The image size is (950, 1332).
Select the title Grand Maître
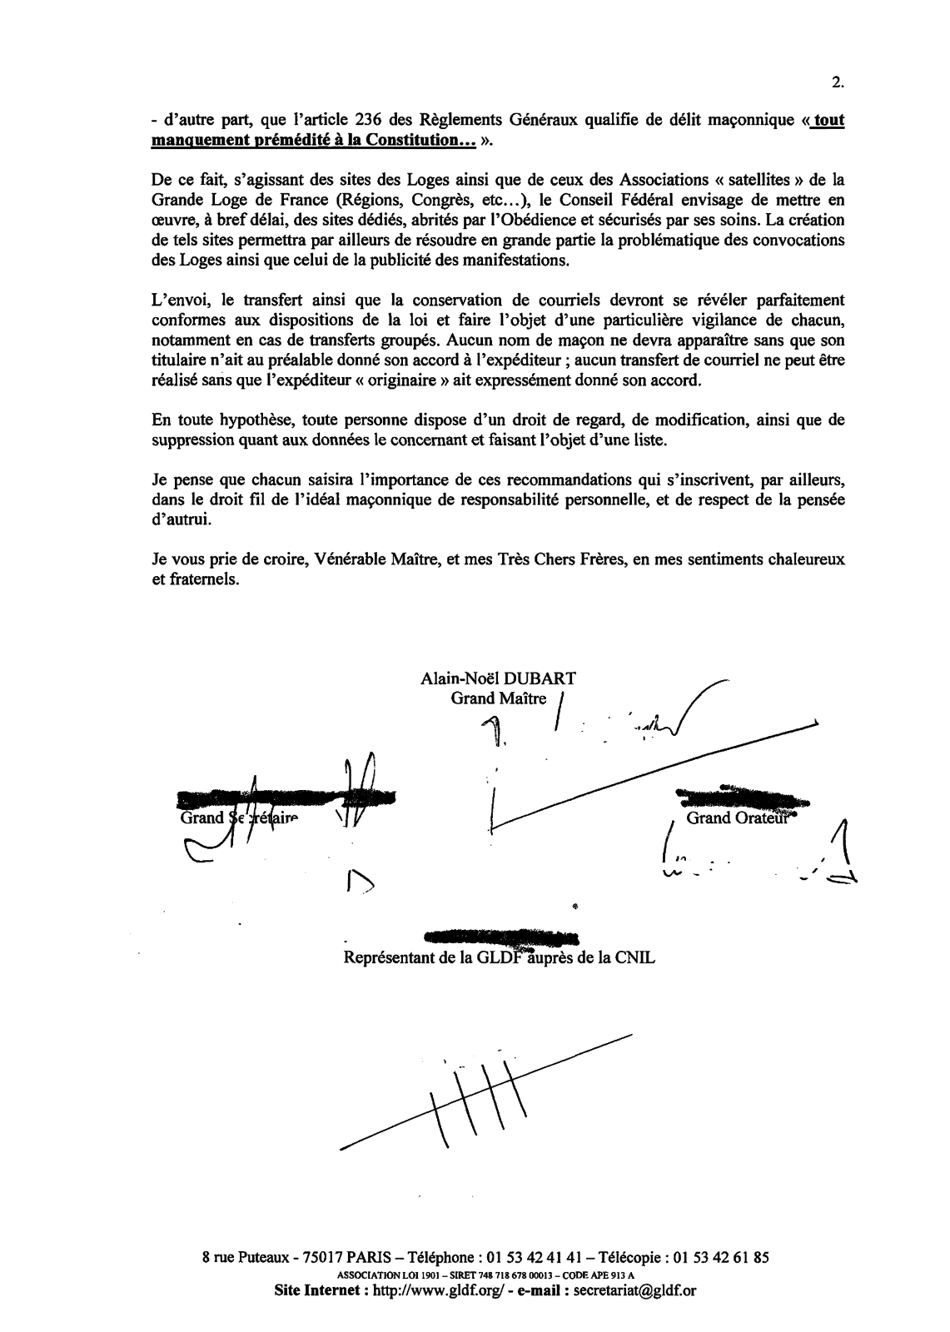pos(499,698)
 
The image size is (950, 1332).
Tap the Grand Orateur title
pos(736,818)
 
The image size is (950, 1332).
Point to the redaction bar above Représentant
pos(500,937)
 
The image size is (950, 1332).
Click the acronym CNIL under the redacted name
pos(634,958)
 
